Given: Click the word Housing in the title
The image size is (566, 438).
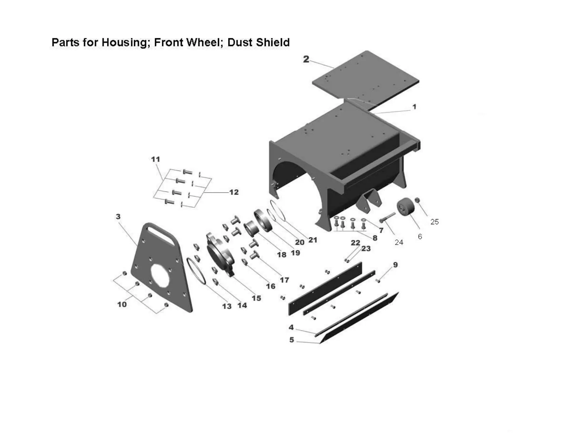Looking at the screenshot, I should [x=125, y=43].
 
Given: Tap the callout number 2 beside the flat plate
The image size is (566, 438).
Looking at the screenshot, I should [x=306, y=59].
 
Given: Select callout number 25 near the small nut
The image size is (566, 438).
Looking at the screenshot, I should [x=434, y=222].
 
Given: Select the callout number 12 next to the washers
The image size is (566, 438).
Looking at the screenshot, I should [x=234, y=192].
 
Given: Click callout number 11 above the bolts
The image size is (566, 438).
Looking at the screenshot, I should [x=155, y=159].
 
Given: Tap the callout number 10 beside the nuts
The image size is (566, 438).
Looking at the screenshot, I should [x=122, y=304].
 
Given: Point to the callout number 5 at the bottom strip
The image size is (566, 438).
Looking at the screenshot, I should [x=292, y=340].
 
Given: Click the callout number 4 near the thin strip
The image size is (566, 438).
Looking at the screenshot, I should [x=291, y=327].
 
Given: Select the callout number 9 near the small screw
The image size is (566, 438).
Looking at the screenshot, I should [x=395, y=265].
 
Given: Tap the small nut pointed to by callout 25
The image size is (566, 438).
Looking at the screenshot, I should [x=417, y=200].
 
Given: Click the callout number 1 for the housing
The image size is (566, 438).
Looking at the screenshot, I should [x=414, y=107].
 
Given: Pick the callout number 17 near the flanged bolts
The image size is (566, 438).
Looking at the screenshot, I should [x=284, y=280].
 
